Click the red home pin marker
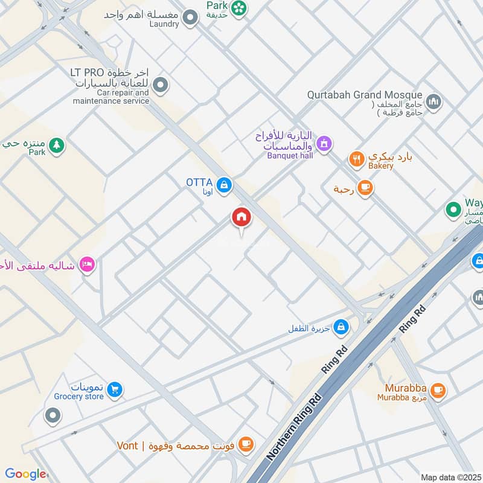pyautogui.click(x=241, y=217)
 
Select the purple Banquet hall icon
pyautogui.click(x=324, y=143)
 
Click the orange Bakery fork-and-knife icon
pyautogui.click(x=357, y=160)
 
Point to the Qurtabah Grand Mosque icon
pyautogui.click(x=433, y=102)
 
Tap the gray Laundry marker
pyautogui.click(x=191, y=18)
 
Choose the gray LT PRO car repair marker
pyautogui.click(x=161, y=86)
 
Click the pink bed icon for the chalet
pyautogui.click(x=88, y=264)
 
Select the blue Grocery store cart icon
pyautogui.click(x=114, y=390)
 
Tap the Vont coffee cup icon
pyautogui.click(x=245, y=445)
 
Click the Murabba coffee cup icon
pyautogui.click(x=438, y=390)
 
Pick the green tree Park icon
pyautogui.click(x=56, y=146)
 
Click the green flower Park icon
pyautogui.click(x=239, y=8)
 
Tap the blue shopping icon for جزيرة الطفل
pyautogui.click(x=341, y=327)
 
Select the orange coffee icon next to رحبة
pyautogui.click(x=364, y=188)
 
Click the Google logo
pyautogui.click(x=25, y=474)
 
